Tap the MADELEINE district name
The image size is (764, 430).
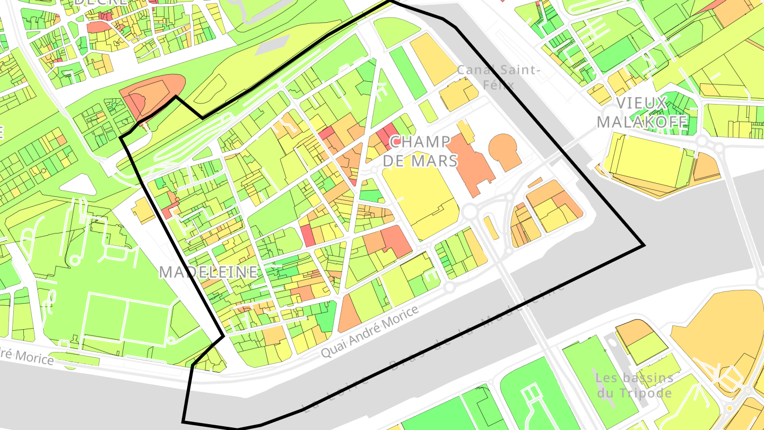click(x=209, y=272)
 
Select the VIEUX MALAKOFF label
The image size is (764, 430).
click(x=642, y=113)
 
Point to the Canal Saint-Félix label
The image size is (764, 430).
click(x=499, y=76)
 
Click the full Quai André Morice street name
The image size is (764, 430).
click(x=369, y=331)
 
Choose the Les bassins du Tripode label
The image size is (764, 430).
click(x=635, y=385)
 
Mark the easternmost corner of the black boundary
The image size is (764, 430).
click(x=644, y=246)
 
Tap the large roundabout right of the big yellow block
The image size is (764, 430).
click(x=470, y=211)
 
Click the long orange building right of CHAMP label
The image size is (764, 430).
click(x=470, y=165)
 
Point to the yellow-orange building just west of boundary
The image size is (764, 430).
click(x=143, y=210)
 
